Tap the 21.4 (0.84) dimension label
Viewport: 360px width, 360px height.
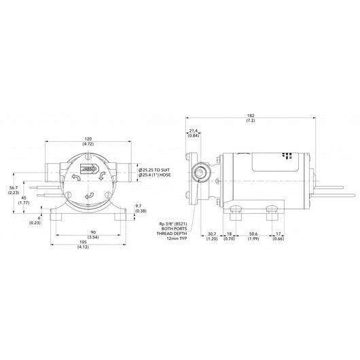[193, 132]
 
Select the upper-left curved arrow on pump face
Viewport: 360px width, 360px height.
[75, 177]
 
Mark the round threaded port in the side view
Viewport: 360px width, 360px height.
[201, 175]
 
